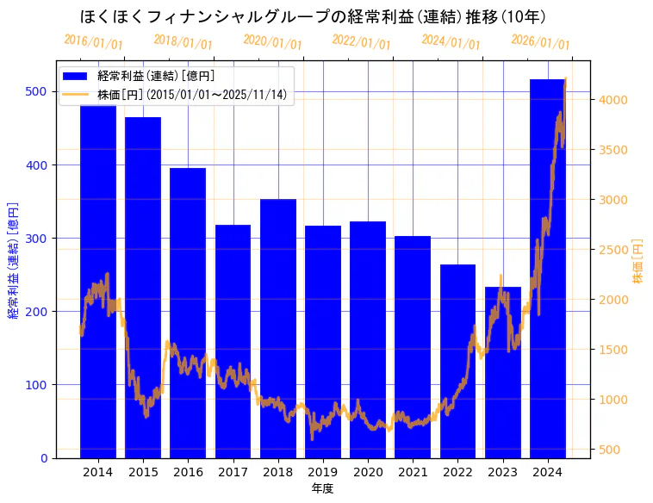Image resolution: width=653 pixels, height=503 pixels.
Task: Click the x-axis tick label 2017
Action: pyautogui.click(x=233, y=472)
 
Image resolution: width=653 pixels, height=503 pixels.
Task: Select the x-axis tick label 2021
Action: pyautogui.click(x=413, y=472)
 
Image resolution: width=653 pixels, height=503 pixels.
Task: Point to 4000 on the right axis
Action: pyautogui.click(x=613, y=100)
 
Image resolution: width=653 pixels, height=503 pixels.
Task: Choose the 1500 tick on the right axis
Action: pyautogui.click(x=613, y=350)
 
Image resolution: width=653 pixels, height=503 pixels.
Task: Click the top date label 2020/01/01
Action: pyautogui.click(x=272, y=41)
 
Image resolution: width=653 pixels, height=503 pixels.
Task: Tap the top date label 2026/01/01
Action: pyautogui.click(x=540, y=41)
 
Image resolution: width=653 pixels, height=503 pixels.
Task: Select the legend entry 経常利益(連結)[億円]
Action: pyautogui.click(x=155, y=77)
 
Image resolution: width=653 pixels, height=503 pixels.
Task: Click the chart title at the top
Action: pyautogui.click(x=312, y=16)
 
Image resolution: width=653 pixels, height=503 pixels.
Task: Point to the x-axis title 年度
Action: pyautogui.click(x=322, y=488)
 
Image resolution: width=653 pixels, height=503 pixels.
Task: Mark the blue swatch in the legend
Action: pyautogui.click(x=76, y=77)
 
